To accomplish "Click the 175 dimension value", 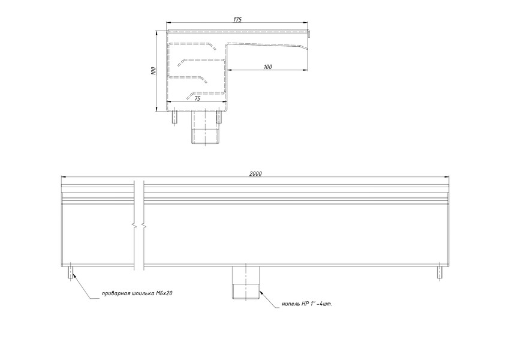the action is click(237, 19).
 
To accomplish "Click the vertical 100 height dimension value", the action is click(153, 71).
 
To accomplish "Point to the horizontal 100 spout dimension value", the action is click(268, 67).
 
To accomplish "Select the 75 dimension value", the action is click(197, 99).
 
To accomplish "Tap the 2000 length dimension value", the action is click(255, 174).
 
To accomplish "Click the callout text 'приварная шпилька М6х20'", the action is click(137, 293).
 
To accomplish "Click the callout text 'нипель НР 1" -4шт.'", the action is click(307, 304).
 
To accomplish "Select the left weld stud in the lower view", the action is click(70, 272).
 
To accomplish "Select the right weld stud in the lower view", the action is click(439, 272).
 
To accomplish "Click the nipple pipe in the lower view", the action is click(246, 282).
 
